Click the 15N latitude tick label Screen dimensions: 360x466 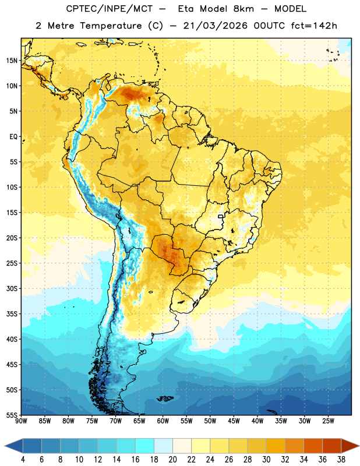12,61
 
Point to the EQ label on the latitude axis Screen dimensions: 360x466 13,137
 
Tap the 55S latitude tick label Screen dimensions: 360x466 12,415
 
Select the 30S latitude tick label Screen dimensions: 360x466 12,288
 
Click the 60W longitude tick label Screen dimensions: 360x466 163,421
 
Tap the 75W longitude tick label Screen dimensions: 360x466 92,421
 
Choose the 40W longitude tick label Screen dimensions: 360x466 257,421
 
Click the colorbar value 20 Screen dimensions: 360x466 172,460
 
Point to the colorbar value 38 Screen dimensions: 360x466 341,460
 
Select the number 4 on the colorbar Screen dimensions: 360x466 23,460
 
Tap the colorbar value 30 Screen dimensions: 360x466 266,460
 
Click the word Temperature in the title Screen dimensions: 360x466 111,26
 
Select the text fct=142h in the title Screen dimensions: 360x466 314,26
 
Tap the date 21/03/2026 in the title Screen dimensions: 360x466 215,26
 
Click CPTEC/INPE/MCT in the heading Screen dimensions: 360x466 109,9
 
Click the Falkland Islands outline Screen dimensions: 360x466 165,398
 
